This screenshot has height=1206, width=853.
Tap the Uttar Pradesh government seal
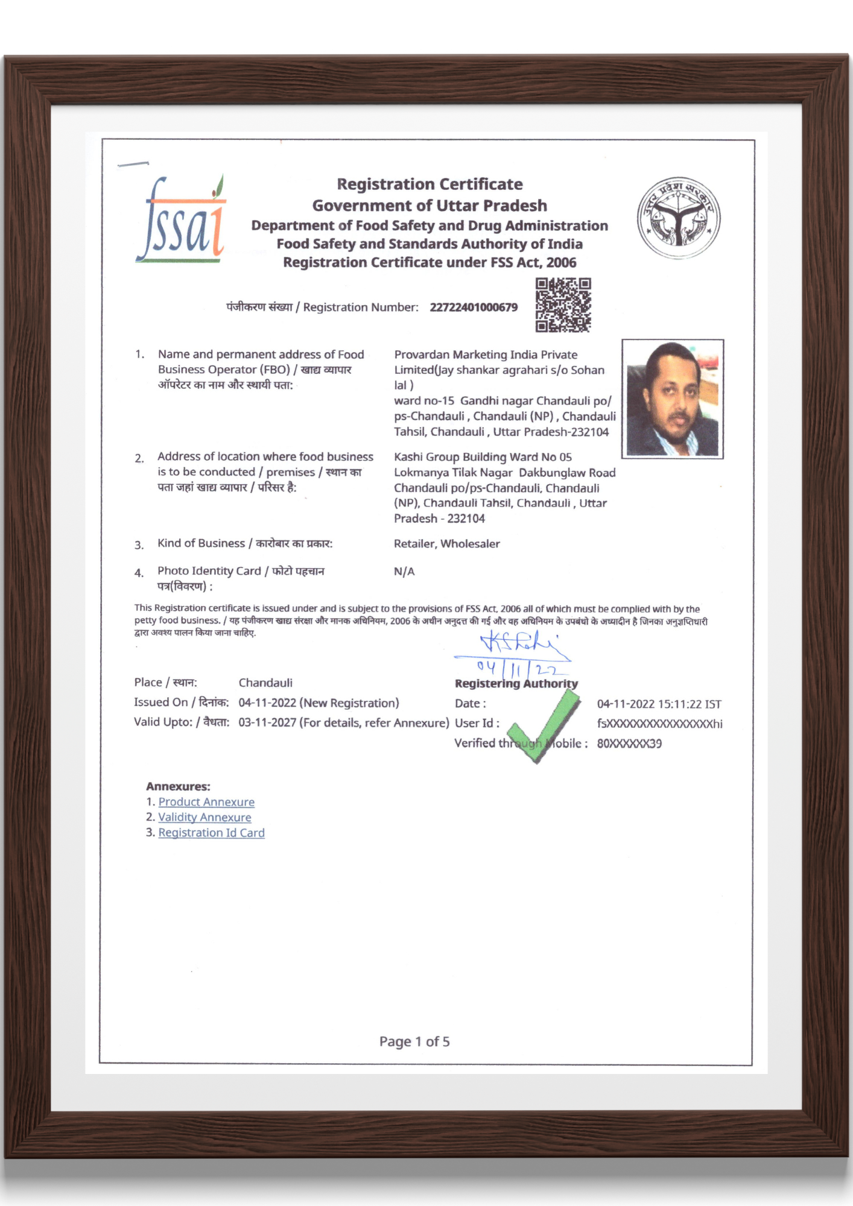pos(679,218)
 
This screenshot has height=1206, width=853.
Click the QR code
pos(563,305)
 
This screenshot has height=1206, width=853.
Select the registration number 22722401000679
pos(474,308)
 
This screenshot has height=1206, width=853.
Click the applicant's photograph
pos(673,399)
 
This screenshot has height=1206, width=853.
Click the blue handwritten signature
pos(522,645)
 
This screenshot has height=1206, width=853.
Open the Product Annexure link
pos(206,802)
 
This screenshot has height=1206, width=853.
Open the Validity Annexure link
pos(205,817)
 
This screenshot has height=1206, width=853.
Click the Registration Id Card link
pos(211,833)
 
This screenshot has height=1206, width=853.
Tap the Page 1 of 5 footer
pos(414,1041)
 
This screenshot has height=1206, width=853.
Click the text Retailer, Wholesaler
pos(446,544)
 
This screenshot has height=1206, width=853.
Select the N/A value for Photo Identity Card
pos(404,572)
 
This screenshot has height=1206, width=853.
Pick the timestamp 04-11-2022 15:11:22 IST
pos(659,704)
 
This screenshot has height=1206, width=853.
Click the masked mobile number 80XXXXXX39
pos(629,743)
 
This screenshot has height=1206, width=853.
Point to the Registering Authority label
pos(516,684)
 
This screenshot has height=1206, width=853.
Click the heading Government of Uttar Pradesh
pos(430,206)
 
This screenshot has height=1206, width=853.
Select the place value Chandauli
pos(265,683)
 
